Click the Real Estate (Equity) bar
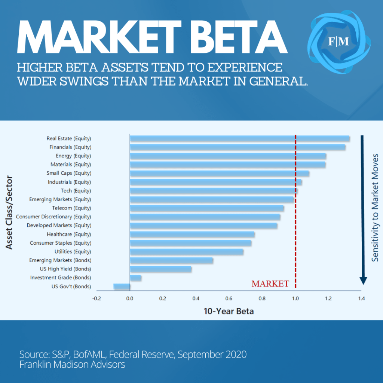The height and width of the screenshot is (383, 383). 239,139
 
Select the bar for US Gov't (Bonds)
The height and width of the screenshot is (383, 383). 122,287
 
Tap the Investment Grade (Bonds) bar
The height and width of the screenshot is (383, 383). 135,278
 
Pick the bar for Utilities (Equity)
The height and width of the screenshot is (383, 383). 186,252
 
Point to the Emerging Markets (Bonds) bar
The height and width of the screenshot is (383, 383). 171,260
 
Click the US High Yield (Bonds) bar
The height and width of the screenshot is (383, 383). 160,269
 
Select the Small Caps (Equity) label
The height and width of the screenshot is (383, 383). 69,173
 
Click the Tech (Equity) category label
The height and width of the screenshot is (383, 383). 76,191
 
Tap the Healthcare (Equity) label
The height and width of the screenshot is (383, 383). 69,234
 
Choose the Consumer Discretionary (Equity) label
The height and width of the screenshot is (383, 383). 53,217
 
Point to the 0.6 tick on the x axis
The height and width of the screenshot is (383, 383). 229,298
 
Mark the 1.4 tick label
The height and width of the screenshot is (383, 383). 361,298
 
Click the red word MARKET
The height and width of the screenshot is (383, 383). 270,284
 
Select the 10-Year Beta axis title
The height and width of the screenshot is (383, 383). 229,311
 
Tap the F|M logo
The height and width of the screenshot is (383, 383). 338,41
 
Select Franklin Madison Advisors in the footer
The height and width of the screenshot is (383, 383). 72,364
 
